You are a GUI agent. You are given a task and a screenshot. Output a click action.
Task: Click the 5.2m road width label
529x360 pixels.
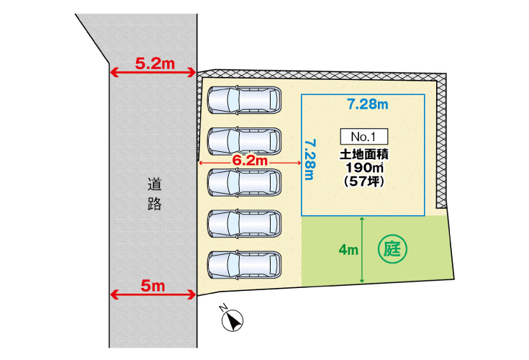click(155, 63)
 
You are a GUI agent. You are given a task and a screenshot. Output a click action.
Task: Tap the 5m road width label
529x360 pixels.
click(153, 286)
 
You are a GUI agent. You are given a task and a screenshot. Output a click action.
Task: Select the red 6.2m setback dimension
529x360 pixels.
click(250, 161)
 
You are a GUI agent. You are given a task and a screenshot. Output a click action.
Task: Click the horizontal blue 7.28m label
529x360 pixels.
click(368, 104)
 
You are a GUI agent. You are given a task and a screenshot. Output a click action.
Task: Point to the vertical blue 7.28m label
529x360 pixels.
click(310, 160)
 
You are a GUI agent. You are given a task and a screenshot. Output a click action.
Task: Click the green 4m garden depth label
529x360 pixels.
click(348, 250)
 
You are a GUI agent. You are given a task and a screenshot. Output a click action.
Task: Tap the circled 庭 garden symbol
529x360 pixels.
click(392, 250)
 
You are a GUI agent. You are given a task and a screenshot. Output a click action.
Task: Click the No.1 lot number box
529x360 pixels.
click(363, 137)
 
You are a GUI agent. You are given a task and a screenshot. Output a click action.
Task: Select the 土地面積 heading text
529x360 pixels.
click(364, 155)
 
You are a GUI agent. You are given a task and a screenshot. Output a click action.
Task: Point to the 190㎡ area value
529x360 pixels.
click(364, 168)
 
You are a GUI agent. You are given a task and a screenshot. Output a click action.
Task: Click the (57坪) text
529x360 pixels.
click(364, 181)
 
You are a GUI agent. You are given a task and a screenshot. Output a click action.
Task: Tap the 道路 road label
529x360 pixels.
click(155, 194)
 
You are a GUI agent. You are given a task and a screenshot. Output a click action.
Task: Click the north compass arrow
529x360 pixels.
click(232, 320)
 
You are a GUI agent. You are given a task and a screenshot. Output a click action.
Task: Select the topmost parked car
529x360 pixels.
click(244, 100)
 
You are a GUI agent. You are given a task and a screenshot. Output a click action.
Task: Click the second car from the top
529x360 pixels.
click(244, 141)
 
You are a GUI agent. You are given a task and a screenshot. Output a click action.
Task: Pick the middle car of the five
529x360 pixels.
click(244, 182)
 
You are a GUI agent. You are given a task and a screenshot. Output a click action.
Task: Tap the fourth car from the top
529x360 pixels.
click(244, 224)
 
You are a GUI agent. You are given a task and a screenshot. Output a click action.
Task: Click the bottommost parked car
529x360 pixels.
click(244, 265)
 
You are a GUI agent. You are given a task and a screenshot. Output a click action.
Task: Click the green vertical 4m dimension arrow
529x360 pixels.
click(362, 250)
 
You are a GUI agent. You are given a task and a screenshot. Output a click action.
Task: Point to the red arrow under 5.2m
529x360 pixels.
click(153, 73)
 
